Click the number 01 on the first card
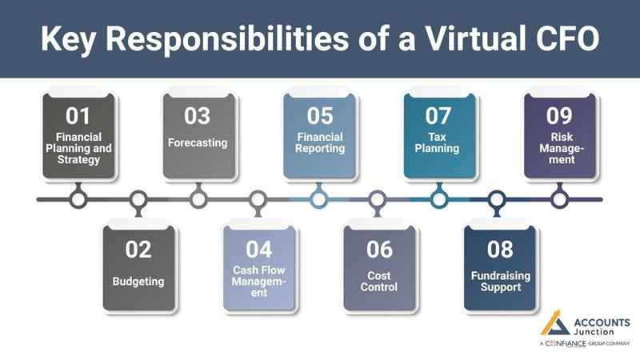78,117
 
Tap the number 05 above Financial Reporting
319,117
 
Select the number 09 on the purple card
559,117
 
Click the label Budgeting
138,281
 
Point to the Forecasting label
198,143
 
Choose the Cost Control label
379,281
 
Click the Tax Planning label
438,142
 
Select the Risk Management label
559,148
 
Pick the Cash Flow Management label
258,281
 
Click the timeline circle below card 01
78,198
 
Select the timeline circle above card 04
258,198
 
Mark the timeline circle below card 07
438,198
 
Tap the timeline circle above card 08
498,198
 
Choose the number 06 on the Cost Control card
379,250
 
